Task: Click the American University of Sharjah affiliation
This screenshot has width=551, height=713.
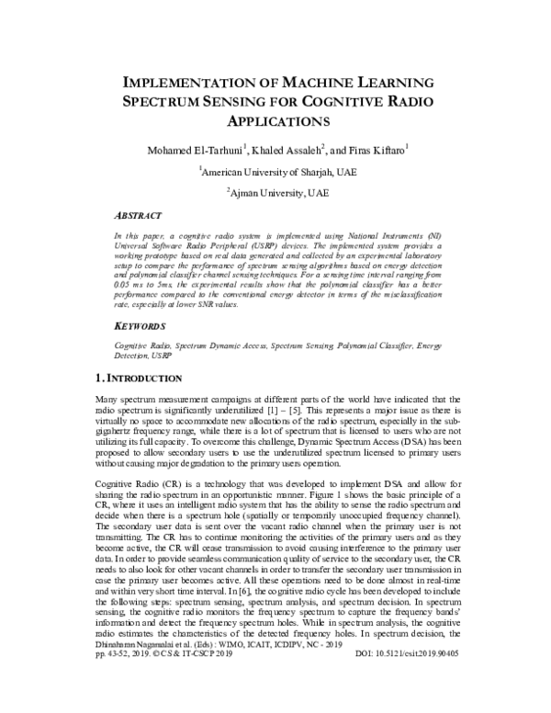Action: pyautogui.click(x=276, y=171)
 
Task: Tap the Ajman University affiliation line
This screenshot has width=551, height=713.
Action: pyautogui.click(x=276, y=194)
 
